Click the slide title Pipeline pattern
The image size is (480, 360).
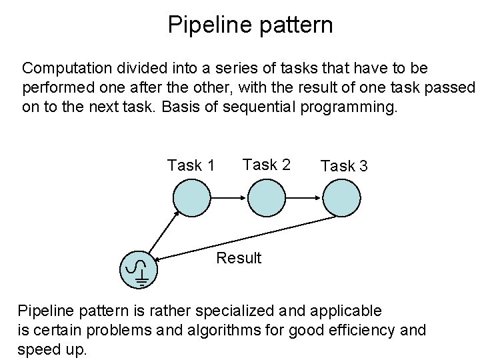tap(250, 25)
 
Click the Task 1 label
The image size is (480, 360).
tap(191, 165)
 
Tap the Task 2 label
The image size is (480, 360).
tap(267, 164)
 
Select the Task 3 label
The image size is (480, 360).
tap(344, 166)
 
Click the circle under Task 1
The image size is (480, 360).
tap(192, 197)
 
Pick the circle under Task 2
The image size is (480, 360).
tap(267, 197)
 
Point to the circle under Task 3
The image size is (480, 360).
tap(341, 197)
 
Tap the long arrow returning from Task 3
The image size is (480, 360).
tap(247, 239)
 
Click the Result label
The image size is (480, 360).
tap(239, 258)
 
